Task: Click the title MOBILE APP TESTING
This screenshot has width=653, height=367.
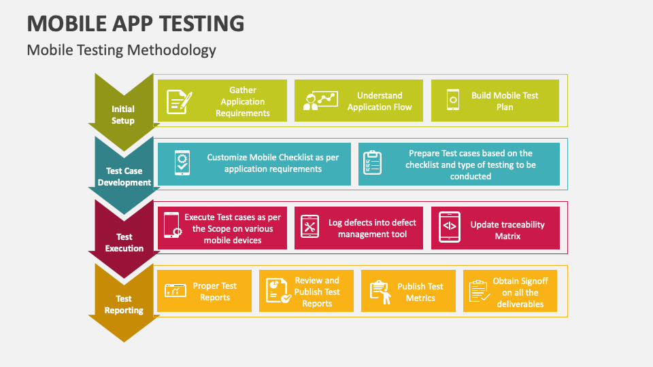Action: [x=136, y=23]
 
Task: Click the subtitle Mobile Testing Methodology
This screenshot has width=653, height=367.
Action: [x=121, y=50]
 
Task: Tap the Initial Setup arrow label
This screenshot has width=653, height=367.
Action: [x=123, y=115]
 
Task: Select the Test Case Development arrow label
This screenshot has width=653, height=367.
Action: [x=124, y=177]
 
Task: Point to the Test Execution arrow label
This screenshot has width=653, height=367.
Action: [x=124, y=243]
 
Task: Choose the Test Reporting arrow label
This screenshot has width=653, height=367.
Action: [x=124, y=304]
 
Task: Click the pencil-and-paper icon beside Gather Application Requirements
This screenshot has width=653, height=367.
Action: [x=180, y=101]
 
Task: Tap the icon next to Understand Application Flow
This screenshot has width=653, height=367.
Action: [x=320, y=101]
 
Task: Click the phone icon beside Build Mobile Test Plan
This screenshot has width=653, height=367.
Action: [x=453, y=100]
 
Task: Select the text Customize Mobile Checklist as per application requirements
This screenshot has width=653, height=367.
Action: [x=273, y=163]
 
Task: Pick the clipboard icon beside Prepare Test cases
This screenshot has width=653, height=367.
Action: [x=372, y=162]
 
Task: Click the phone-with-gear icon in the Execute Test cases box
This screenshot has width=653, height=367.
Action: [x=172, y=225]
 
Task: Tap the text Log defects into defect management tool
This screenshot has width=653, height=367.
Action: [x=372, y=228]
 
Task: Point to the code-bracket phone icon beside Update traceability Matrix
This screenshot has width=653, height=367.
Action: [x=450, y=227]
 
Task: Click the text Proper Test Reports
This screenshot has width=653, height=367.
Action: [x=214, y=292]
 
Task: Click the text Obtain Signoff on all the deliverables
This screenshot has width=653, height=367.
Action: [x=520, y=292]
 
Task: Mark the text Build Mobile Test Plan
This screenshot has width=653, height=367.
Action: [x=505, y=101]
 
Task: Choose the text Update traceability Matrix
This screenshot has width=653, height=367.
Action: [x=507, y=230]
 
